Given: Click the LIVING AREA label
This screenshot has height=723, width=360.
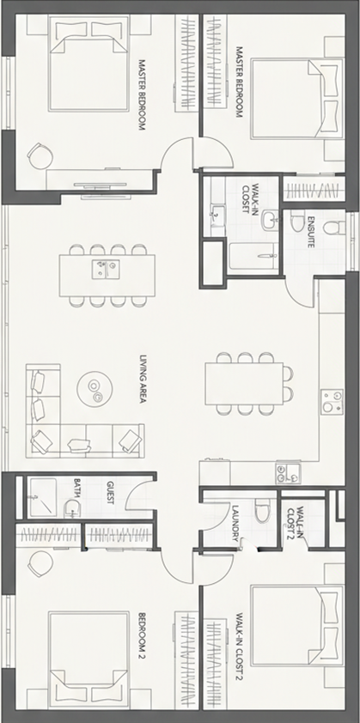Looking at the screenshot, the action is [x=143, y=379].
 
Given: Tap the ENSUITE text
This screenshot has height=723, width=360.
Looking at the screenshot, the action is [x=311, y=232].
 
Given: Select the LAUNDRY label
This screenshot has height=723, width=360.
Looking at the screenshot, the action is [x=235, y=523].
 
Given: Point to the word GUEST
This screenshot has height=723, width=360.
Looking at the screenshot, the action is [x=110, y=493].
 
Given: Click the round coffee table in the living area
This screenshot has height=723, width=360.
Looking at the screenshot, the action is [x=95, y=389].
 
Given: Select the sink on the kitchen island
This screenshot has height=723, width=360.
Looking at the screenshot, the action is [x=106, y=269].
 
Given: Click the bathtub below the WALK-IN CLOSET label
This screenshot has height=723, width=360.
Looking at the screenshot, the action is [x=253, y=258].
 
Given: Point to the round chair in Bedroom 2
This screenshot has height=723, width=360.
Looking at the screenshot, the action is [x=40, y=563].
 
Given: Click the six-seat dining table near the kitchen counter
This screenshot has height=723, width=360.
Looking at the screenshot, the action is [x=244, y=384].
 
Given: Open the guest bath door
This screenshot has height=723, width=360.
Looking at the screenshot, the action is [x=139, y=498].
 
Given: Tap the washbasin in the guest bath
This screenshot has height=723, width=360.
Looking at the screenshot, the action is [x=72, y=508].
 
